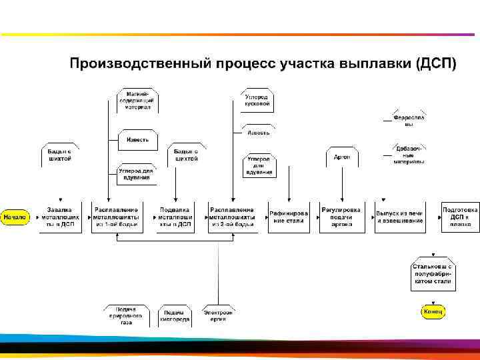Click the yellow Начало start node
coord(15,217)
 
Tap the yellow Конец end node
coord(432,311)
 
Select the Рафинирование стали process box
coord(288,217)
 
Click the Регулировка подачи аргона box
coord(342,217)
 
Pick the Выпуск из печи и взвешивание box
coord(399,217)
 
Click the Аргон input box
coord(342,157)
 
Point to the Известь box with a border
coord(138,140)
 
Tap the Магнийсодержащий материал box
coord(137,101)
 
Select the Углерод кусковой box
coord(257,101)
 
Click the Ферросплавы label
coord(409,121)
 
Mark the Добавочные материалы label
coord(409,155)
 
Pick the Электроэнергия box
coord(219,315)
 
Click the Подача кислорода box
coord(175,315)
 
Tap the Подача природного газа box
coord(127,315)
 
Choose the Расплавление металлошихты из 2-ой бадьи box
coord(231,217)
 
